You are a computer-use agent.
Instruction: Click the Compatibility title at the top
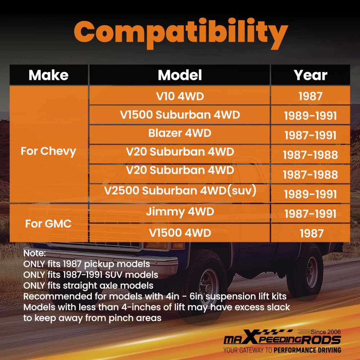point(181,33)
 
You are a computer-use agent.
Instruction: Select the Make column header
point(49,75)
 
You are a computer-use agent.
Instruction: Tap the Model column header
point(180,75)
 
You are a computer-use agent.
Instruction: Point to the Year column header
point(310,75)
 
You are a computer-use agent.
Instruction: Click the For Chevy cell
point(49,144)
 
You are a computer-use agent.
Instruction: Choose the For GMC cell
point(49,223)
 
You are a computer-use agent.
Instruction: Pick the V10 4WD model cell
point(180,95)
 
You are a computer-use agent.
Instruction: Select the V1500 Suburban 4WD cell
point(180,115)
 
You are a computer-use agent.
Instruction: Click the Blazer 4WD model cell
point(180,134)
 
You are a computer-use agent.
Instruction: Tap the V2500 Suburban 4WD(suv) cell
point(180,193)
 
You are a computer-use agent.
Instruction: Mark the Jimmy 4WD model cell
point(180,213)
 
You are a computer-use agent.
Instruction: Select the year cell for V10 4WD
point(310,95)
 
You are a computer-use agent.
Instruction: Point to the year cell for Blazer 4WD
point(310,134)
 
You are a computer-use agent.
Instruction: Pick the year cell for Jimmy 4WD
point(310,213)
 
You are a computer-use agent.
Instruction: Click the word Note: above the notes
point(35,253)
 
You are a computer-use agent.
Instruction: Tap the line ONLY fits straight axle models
point(88,286)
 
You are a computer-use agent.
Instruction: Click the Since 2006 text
point(326,332)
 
